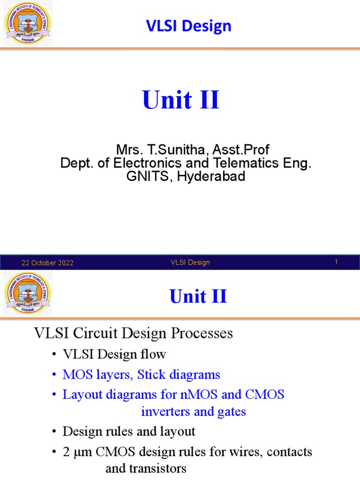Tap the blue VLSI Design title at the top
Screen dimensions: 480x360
pos(189,26)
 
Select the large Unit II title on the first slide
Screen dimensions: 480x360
pos(180,100)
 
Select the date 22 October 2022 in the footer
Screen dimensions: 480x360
pos(48,263)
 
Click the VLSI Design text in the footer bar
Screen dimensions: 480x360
pos(190,262)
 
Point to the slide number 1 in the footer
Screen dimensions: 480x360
pos(336,262)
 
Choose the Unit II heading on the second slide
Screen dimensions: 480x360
pos(198,296)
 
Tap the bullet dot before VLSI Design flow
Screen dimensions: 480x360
pos(54,355)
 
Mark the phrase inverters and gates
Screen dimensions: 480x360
pos(194,412)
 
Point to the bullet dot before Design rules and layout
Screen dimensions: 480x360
pos(54,431)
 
